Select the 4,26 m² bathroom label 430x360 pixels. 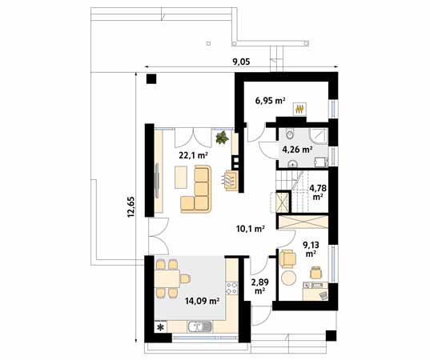click(x=295, y=148)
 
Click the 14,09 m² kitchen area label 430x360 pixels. click(x=202, y=301)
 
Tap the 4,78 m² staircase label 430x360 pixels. click(x=318, y=191)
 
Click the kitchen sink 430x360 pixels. click(x=198, y=326)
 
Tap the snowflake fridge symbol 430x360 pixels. click(x=159, y=326)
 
